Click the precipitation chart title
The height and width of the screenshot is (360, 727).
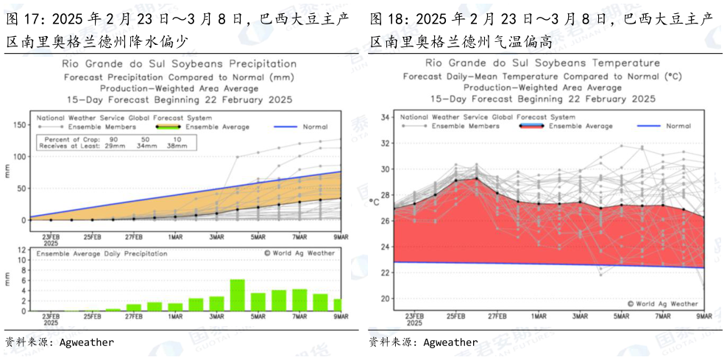pos(179,64)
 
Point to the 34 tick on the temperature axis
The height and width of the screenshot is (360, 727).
pos(384,117)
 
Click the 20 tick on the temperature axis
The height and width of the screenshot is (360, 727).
pos(384,299)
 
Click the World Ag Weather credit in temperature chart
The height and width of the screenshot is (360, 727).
pos(662,303)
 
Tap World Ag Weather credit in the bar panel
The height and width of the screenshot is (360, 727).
pos(299,253)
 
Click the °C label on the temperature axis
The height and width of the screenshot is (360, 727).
pos(375,202)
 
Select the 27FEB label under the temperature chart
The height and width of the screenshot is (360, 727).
pos(497,316)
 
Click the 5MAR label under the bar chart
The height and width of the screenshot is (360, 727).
pos(258,317)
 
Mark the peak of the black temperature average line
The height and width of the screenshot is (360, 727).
pos(476,178)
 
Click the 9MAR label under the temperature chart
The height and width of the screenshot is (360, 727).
pos(703,316)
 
